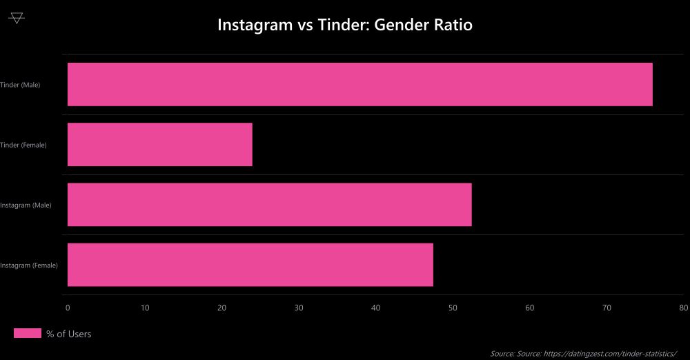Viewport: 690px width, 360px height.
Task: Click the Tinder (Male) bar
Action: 359,84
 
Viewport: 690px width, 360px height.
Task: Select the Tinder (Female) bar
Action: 159,144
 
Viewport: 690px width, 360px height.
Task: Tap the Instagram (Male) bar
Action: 269,204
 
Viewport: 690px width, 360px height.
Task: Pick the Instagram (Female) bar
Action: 250,264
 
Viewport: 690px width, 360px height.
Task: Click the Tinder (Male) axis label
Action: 20,85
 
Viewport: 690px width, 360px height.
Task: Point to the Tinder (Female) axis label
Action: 23,145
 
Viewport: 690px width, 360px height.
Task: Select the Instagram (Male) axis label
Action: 26,205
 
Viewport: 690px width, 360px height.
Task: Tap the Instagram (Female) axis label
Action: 28,265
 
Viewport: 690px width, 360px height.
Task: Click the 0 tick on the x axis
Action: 68,308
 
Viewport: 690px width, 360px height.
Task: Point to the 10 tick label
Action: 144,308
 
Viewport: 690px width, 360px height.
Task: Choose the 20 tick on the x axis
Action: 221,308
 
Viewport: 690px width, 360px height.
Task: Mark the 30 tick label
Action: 299,308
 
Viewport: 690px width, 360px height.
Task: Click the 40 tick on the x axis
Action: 375,308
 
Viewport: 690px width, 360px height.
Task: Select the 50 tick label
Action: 453,308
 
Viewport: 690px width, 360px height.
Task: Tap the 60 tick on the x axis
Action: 530,308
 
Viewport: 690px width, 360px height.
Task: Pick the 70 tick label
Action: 607,308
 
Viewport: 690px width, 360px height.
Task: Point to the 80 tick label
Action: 683,308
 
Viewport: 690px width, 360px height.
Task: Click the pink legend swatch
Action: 28,334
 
